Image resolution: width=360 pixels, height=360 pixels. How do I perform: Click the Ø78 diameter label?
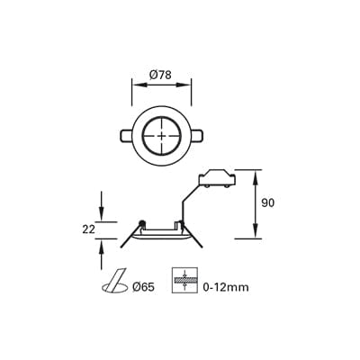coord(161,74)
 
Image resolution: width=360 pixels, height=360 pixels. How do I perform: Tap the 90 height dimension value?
coord(267,203)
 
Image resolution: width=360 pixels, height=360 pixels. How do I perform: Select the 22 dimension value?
coord(88,229)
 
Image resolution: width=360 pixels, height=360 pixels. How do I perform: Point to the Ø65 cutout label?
coord(144,287)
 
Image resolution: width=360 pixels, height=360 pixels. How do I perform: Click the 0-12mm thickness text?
coord(226,287)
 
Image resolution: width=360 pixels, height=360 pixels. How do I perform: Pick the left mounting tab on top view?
coord(127,136)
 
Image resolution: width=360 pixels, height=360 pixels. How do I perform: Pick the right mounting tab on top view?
coord(196,136)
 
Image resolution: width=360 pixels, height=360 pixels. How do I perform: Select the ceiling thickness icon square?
coord(184,281)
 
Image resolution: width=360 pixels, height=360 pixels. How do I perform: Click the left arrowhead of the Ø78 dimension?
coord(135,85)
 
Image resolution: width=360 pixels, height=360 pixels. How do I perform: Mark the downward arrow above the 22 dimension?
coord(102,215)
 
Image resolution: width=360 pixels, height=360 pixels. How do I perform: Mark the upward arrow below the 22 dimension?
coord(102,245)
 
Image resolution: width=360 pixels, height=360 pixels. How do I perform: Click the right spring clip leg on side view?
coord(195,236)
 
